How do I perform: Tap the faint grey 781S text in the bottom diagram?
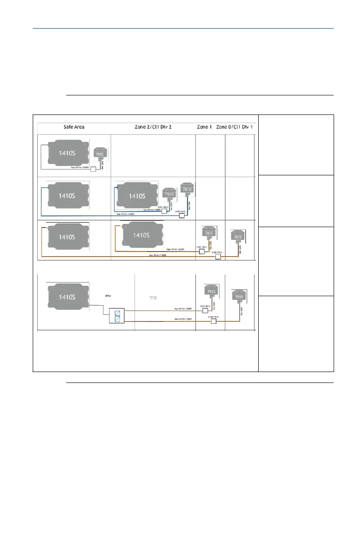pyautogui.click(x=154, y=298)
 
